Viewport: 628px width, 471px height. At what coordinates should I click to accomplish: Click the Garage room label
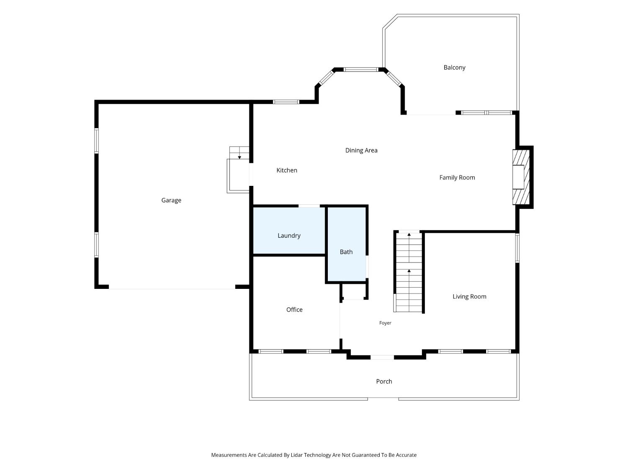(171, 200)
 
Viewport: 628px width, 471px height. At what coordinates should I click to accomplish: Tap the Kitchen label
(287, 170)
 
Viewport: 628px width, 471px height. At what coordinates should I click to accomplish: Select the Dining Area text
(361, 150)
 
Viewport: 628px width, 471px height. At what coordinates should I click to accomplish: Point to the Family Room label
(457, 178)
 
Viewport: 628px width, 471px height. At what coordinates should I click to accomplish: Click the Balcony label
(454, 67)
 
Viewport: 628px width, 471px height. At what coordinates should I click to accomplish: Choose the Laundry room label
(289, 236)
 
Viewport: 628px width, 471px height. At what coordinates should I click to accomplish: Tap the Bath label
(346, 252)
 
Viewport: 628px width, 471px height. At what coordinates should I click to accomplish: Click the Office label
(294, 309)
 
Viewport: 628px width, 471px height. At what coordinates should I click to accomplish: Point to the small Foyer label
(385, 323)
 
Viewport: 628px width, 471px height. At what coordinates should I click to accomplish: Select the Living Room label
(469, 296)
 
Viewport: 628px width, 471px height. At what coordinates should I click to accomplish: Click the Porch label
(384, 381)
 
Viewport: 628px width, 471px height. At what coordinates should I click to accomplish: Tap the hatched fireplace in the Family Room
(521, 177)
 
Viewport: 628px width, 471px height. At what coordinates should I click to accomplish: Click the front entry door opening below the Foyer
(382, 357)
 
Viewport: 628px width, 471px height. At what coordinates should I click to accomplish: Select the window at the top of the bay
(361, 69)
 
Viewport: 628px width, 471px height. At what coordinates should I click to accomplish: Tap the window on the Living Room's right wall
(517, 248)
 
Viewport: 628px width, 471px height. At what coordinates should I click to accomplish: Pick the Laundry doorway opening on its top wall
(309, 206)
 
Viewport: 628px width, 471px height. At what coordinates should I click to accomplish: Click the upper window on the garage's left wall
(96, 141)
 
